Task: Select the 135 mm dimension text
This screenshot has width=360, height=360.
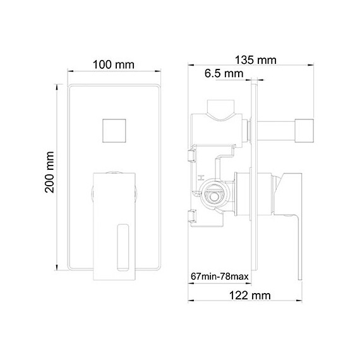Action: click(x=256, y=61)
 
